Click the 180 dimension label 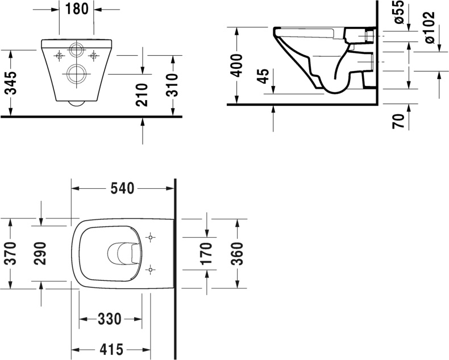77,10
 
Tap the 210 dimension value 143,94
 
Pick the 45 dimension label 263,76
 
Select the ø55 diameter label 398,12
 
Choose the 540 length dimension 122,188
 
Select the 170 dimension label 207,253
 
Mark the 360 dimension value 237,253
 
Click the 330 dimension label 110,319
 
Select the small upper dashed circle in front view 76,50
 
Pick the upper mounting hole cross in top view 151,237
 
